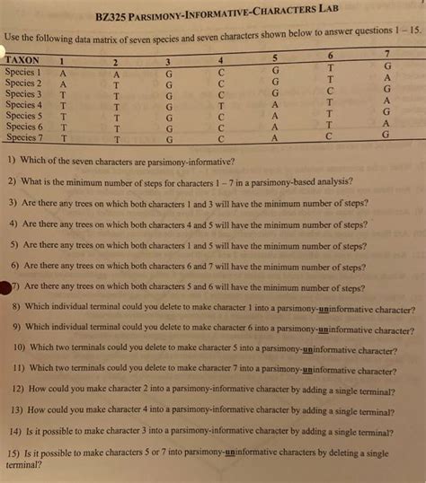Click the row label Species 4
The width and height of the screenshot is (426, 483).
tap(23, 105)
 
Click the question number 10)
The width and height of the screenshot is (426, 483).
tap(18, 347)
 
